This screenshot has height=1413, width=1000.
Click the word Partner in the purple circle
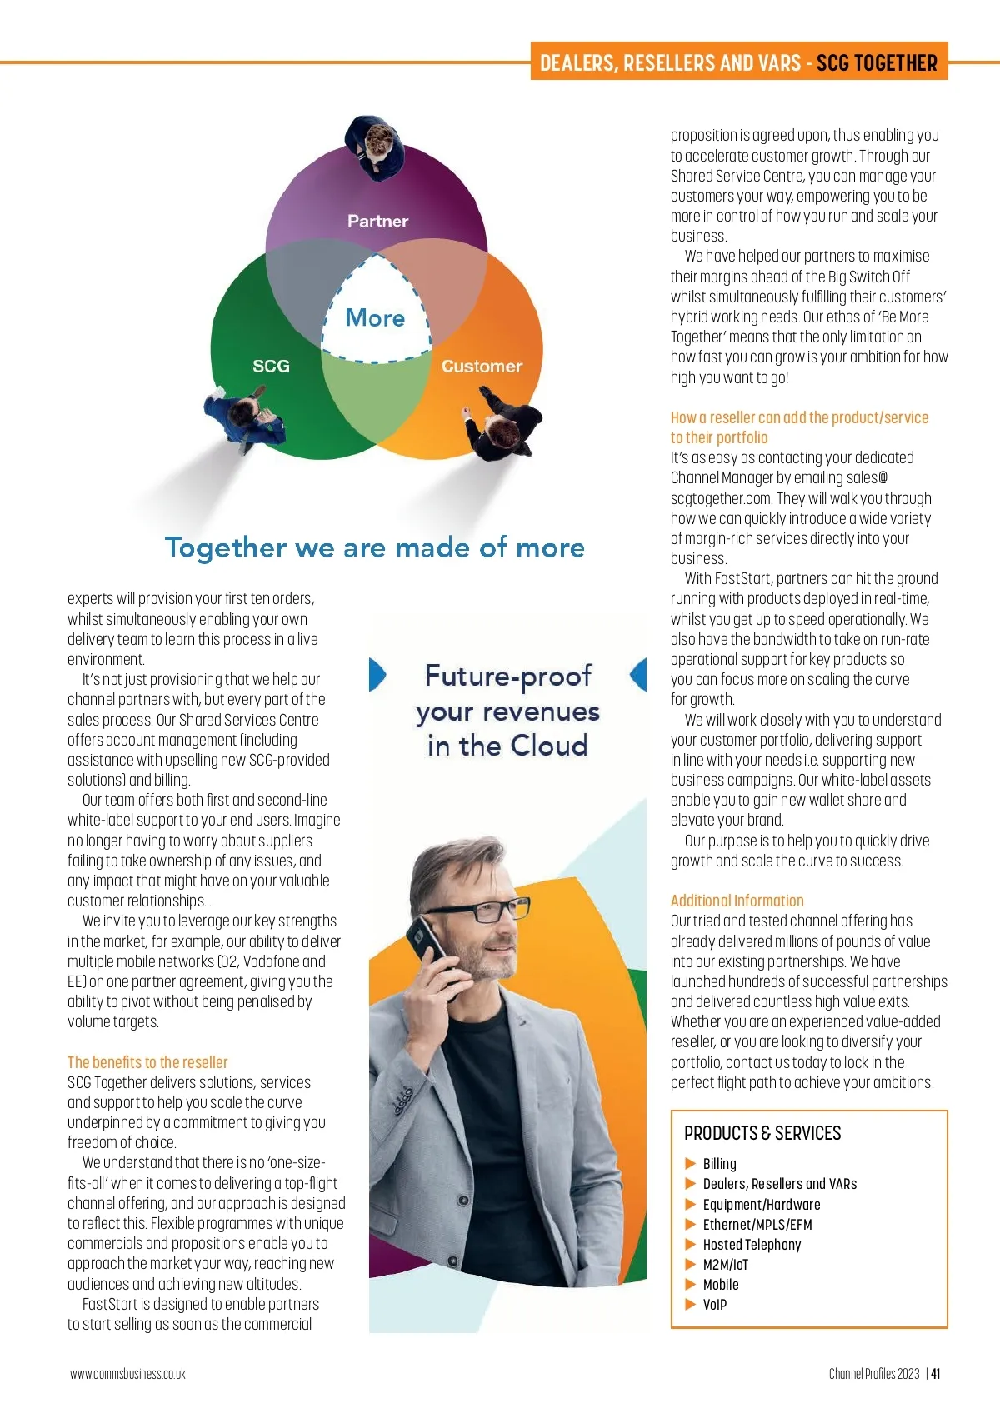click(x=377, y=221)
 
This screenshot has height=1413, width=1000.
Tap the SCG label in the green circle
click(x=271, y=366)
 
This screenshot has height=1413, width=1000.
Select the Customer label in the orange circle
click(x=482, y=366)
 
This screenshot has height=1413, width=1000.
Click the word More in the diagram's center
click(x=375, y=317)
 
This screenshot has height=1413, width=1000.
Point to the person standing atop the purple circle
click(x=377, y=146)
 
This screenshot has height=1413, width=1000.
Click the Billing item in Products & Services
click(x=719, y=1163)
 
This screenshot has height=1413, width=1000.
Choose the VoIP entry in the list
click(x=714, y=1304)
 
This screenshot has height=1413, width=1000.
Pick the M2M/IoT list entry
click(x=725, y=1264)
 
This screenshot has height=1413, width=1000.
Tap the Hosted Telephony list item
click(x=752, y=1244)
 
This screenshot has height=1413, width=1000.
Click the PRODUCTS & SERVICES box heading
click(x=762, y=1133)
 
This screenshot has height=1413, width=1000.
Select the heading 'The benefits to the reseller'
click(x=147, y=1062)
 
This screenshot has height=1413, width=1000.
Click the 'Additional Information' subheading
click(x=737, y=901)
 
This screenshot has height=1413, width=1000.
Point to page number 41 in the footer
click(x=936, y=1374)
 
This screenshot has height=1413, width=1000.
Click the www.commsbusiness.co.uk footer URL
click(x=127, y=1374)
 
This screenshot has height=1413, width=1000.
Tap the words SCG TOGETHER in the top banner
click(x=877, y=63)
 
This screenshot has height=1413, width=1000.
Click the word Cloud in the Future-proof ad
click(x=548, y=746)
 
